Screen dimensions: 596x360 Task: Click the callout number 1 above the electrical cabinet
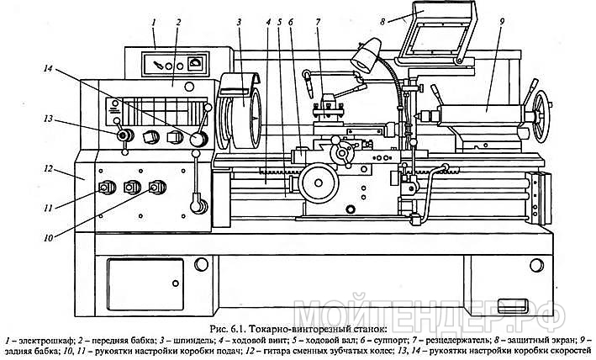point(154,23)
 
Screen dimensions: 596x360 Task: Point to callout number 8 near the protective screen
point(382,22)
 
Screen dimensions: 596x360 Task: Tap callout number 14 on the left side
point(48,69)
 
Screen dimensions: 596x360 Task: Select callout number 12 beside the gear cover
point(48,168)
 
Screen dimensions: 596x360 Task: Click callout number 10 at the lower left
point(48,238)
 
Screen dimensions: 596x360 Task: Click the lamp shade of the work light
point(366,56)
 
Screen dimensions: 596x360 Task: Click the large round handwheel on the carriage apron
point(319,183)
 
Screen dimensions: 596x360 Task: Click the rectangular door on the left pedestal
point(145,284)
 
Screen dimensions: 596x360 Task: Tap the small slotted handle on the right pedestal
point(513,305)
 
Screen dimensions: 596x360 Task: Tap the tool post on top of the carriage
point(328,109)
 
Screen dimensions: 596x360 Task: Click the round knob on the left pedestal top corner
point(201,264)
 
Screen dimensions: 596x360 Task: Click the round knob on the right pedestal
point(536,265)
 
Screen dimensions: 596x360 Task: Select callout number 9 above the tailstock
point(501,22)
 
